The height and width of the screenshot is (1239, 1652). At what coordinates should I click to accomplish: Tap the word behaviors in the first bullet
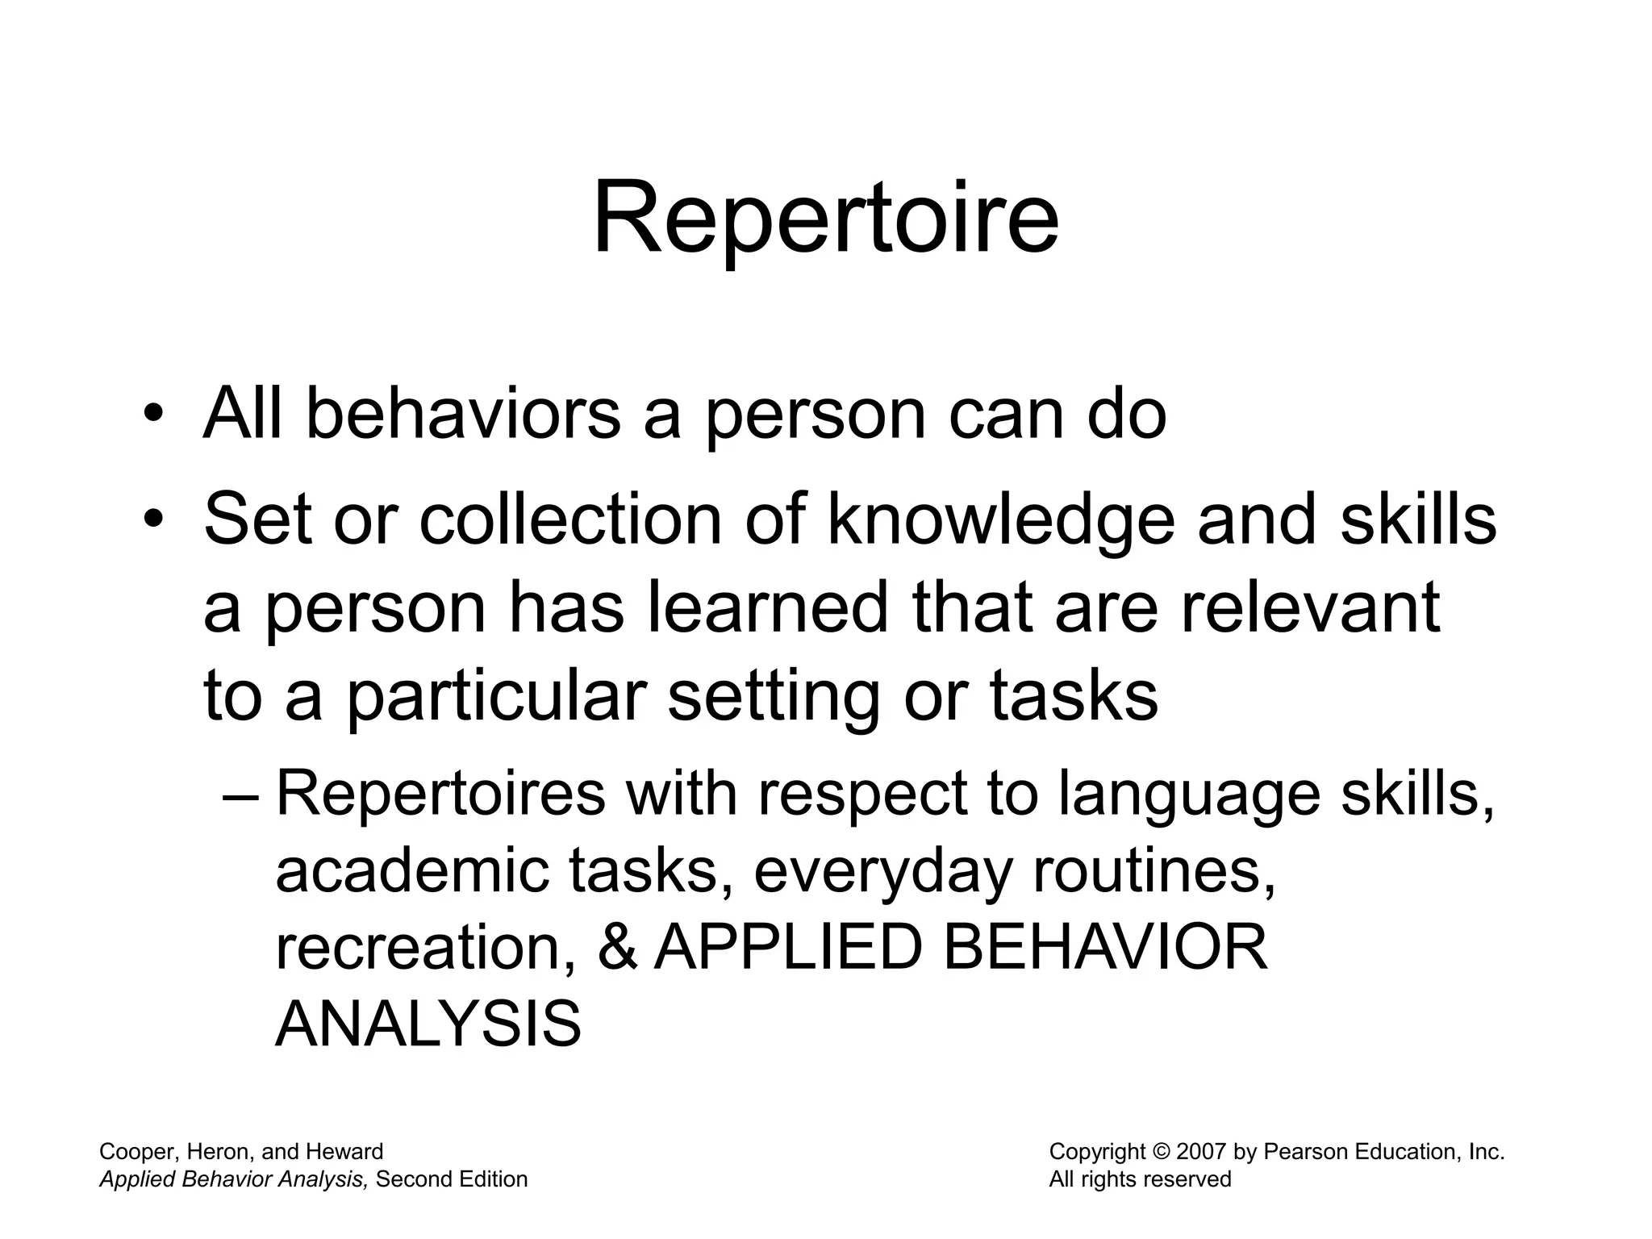[463, 415]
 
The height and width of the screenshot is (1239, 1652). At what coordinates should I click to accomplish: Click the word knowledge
[1000, 520]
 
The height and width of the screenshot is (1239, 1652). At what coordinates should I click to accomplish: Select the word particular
[497, 697]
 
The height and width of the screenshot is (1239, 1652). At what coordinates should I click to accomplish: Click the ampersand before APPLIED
[618, 948]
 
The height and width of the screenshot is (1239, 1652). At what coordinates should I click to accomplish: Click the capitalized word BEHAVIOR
[1104, 948]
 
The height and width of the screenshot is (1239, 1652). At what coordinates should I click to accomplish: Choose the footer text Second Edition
[452, 1179]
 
